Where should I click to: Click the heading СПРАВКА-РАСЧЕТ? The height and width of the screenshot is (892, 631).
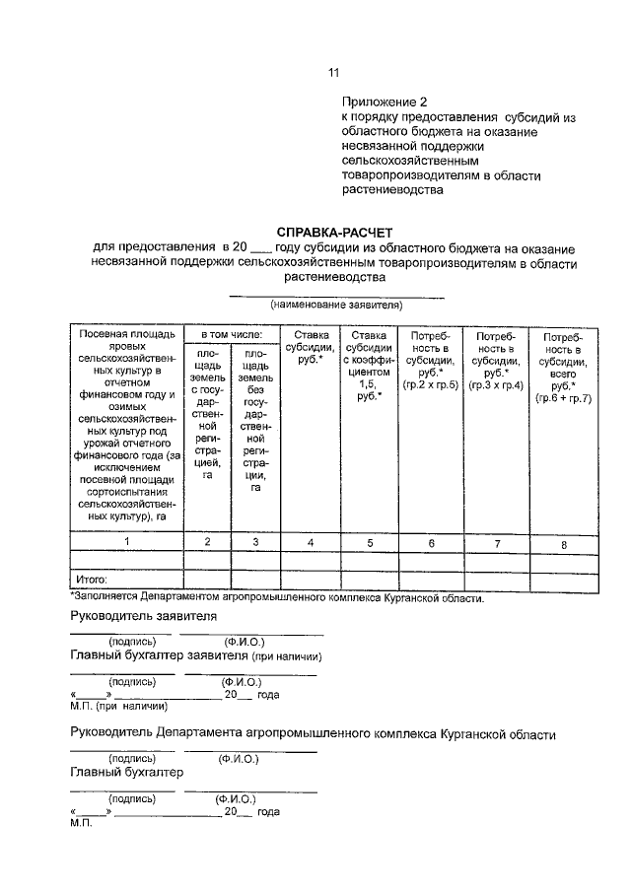click(333, 231)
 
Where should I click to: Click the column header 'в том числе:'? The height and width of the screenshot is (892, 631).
click(232, 335)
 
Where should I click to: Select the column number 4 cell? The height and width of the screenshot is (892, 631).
click(311, 542)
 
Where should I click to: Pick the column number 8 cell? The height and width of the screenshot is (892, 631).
click(563, 543)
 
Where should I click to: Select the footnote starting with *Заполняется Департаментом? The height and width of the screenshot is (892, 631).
click(277, 598)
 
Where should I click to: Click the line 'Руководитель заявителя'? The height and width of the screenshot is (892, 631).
click(144, 617)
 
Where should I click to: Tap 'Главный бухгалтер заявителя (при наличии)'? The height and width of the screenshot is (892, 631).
click(197, 655)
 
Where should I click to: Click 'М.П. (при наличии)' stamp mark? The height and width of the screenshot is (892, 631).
click(119, 706)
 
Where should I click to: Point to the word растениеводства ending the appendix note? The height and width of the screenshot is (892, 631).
click(386, 191)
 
